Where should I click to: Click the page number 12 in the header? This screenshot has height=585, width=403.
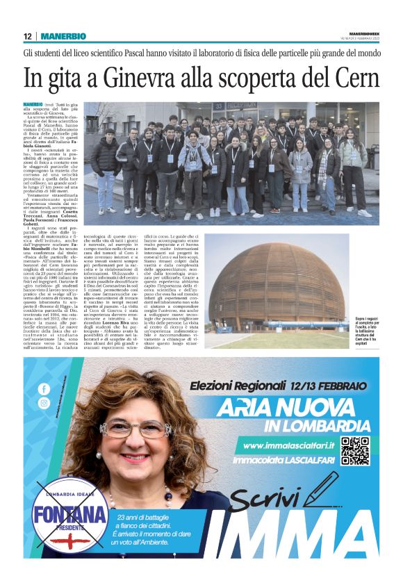click(27, 36)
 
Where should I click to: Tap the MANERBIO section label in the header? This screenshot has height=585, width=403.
click(63, 36)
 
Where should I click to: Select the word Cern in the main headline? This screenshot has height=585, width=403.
click(349, 77)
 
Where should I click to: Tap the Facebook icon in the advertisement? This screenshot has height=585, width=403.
click(44, 389)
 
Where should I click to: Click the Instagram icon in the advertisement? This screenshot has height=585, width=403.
click(44, 403)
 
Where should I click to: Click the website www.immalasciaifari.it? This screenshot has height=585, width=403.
click(286, 445)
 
